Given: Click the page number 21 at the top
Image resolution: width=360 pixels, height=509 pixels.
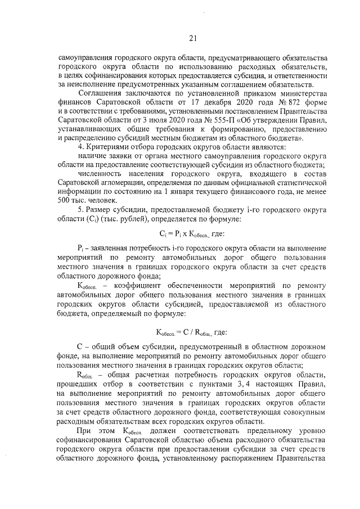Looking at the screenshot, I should [x=192, y=38].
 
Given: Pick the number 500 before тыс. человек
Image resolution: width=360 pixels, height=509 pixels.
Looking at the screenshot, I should [x=64, y=200].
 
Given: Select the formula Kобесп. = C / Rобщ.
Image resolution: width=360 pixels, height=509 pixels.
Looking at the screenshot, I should [x=191, y=332].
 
